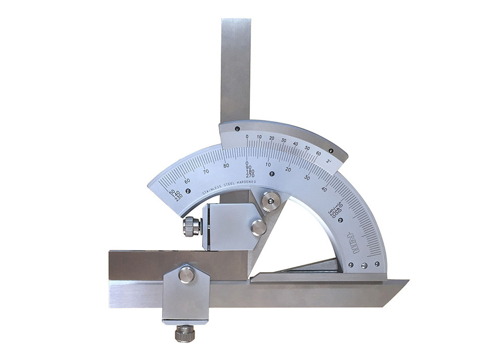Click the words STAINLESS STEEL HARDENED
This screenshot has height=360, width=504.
[x=229, y=187]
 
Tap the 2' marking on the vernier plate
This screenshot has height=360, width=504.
[x=328, y=161]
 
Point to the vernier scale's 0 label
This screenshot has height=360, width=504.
[x=247, y=136]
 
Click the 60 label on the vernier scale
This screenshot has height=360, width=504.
[x=318, y=153]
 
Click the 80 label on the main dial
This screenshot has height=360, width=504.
[x=226, y=165]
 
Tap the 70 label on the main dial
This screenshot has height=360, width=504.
[x=205, y=171]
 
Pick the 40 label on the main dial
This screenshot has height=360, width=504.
[x=324, y=189]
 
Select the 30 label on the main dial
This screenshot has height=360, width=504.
[x=307, y=177]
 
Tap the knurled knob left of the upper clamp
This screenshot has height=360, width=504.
[x=192, y=226]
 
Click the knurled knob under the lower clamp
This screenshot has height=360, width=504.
[x=185, y=334]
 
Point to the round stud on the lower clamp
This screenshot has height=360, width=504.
[x=186, y=274]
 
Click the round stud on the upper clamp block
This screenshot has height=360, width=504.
[x=259, y=227]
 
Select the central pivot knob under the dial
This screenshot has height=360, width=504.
[x=271, y=201]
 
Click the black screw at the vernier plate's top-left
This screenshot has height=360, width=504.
[x=237, y=129]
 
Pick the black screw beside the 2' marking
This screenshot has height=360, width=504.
[x=331, y=150]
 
